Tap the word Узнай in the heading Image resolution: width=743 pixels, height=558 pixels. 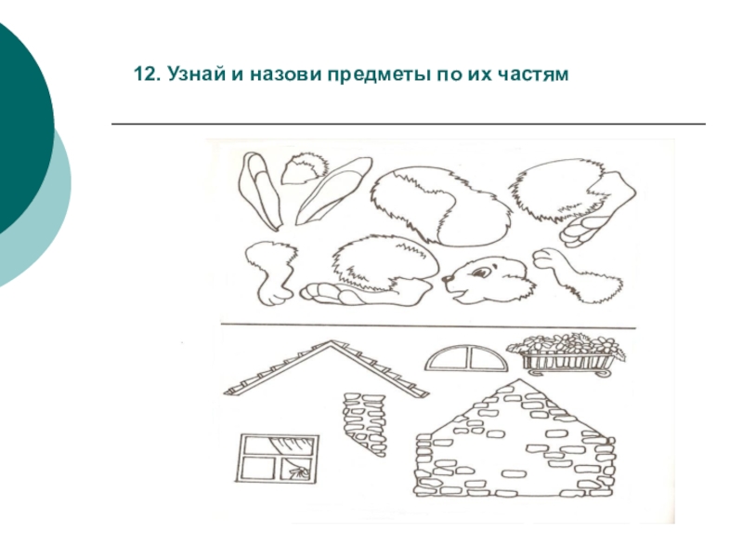[196, 74]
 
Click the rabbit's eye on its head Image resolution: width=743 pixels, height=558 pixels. [481, 272]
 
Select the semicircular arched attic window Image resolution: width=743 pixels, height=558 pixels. [466, 359]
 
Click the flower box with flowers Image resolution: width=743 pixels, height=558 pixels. [567, 354]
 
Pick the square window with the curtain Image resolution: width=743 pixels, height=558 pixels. [277, 458]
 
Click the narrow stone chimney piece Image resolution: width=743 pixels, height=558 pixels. [365, 424]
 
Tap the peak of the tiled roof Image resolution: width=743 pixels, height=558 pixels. [332, 341]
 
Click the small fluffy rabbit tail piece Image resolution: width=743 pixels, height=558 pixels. [305, 169]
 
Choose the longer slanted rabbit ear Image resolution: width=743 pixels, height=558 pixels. [332, 191]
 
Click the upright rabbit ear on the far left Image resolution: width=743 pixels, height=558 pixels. [260, 191]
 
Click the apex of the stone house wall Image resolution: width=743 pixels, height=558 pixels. [519, 379]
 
